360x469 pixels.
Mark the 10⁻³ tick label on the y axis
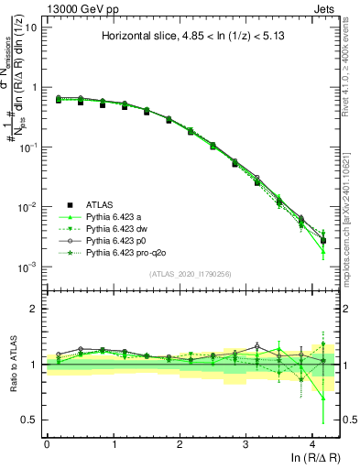pos(27,267)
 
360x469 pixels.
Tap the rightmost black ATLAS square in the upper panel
pos(322,241)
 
